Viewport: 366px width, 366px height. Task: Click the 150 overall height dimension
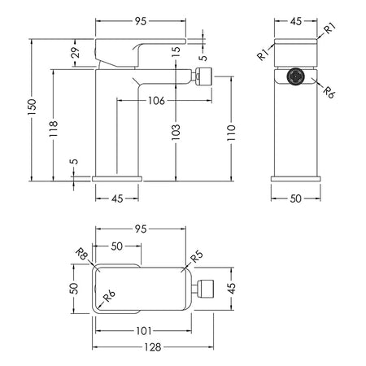32,107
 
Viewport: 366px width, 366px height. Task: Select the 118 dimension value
54,129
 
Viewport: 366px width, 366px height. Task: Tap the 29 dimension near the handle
76,53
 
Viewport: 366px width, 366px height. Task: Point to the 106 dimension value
156,101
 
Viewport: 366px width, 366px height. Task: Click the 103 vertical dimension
176,133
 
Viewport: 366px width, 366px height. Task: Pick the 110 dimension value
231,133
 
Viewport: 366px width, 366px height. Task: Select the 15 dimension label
176,51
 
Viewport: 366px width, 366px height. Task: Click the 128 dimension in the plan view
153,347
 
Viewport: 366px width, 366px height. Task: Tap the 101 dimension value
144,331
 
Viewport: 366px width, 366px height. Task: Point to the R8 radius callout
81,254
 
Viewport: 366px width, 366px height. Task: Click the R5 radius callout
197,256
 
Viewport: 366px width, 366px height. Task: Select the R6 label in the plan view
109,296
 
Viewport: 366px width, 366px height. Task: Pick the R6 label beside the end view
329,93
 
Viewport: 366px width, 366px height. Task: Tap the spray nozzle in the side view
202,74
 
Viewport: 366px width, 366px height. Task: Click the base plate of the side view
117,179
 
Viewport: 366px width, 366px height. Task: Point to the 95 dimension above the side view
141,21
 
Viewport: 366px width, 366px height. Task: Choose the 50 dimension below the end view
295,198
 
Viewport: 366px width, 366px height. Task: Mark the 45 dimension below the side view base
117,198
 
